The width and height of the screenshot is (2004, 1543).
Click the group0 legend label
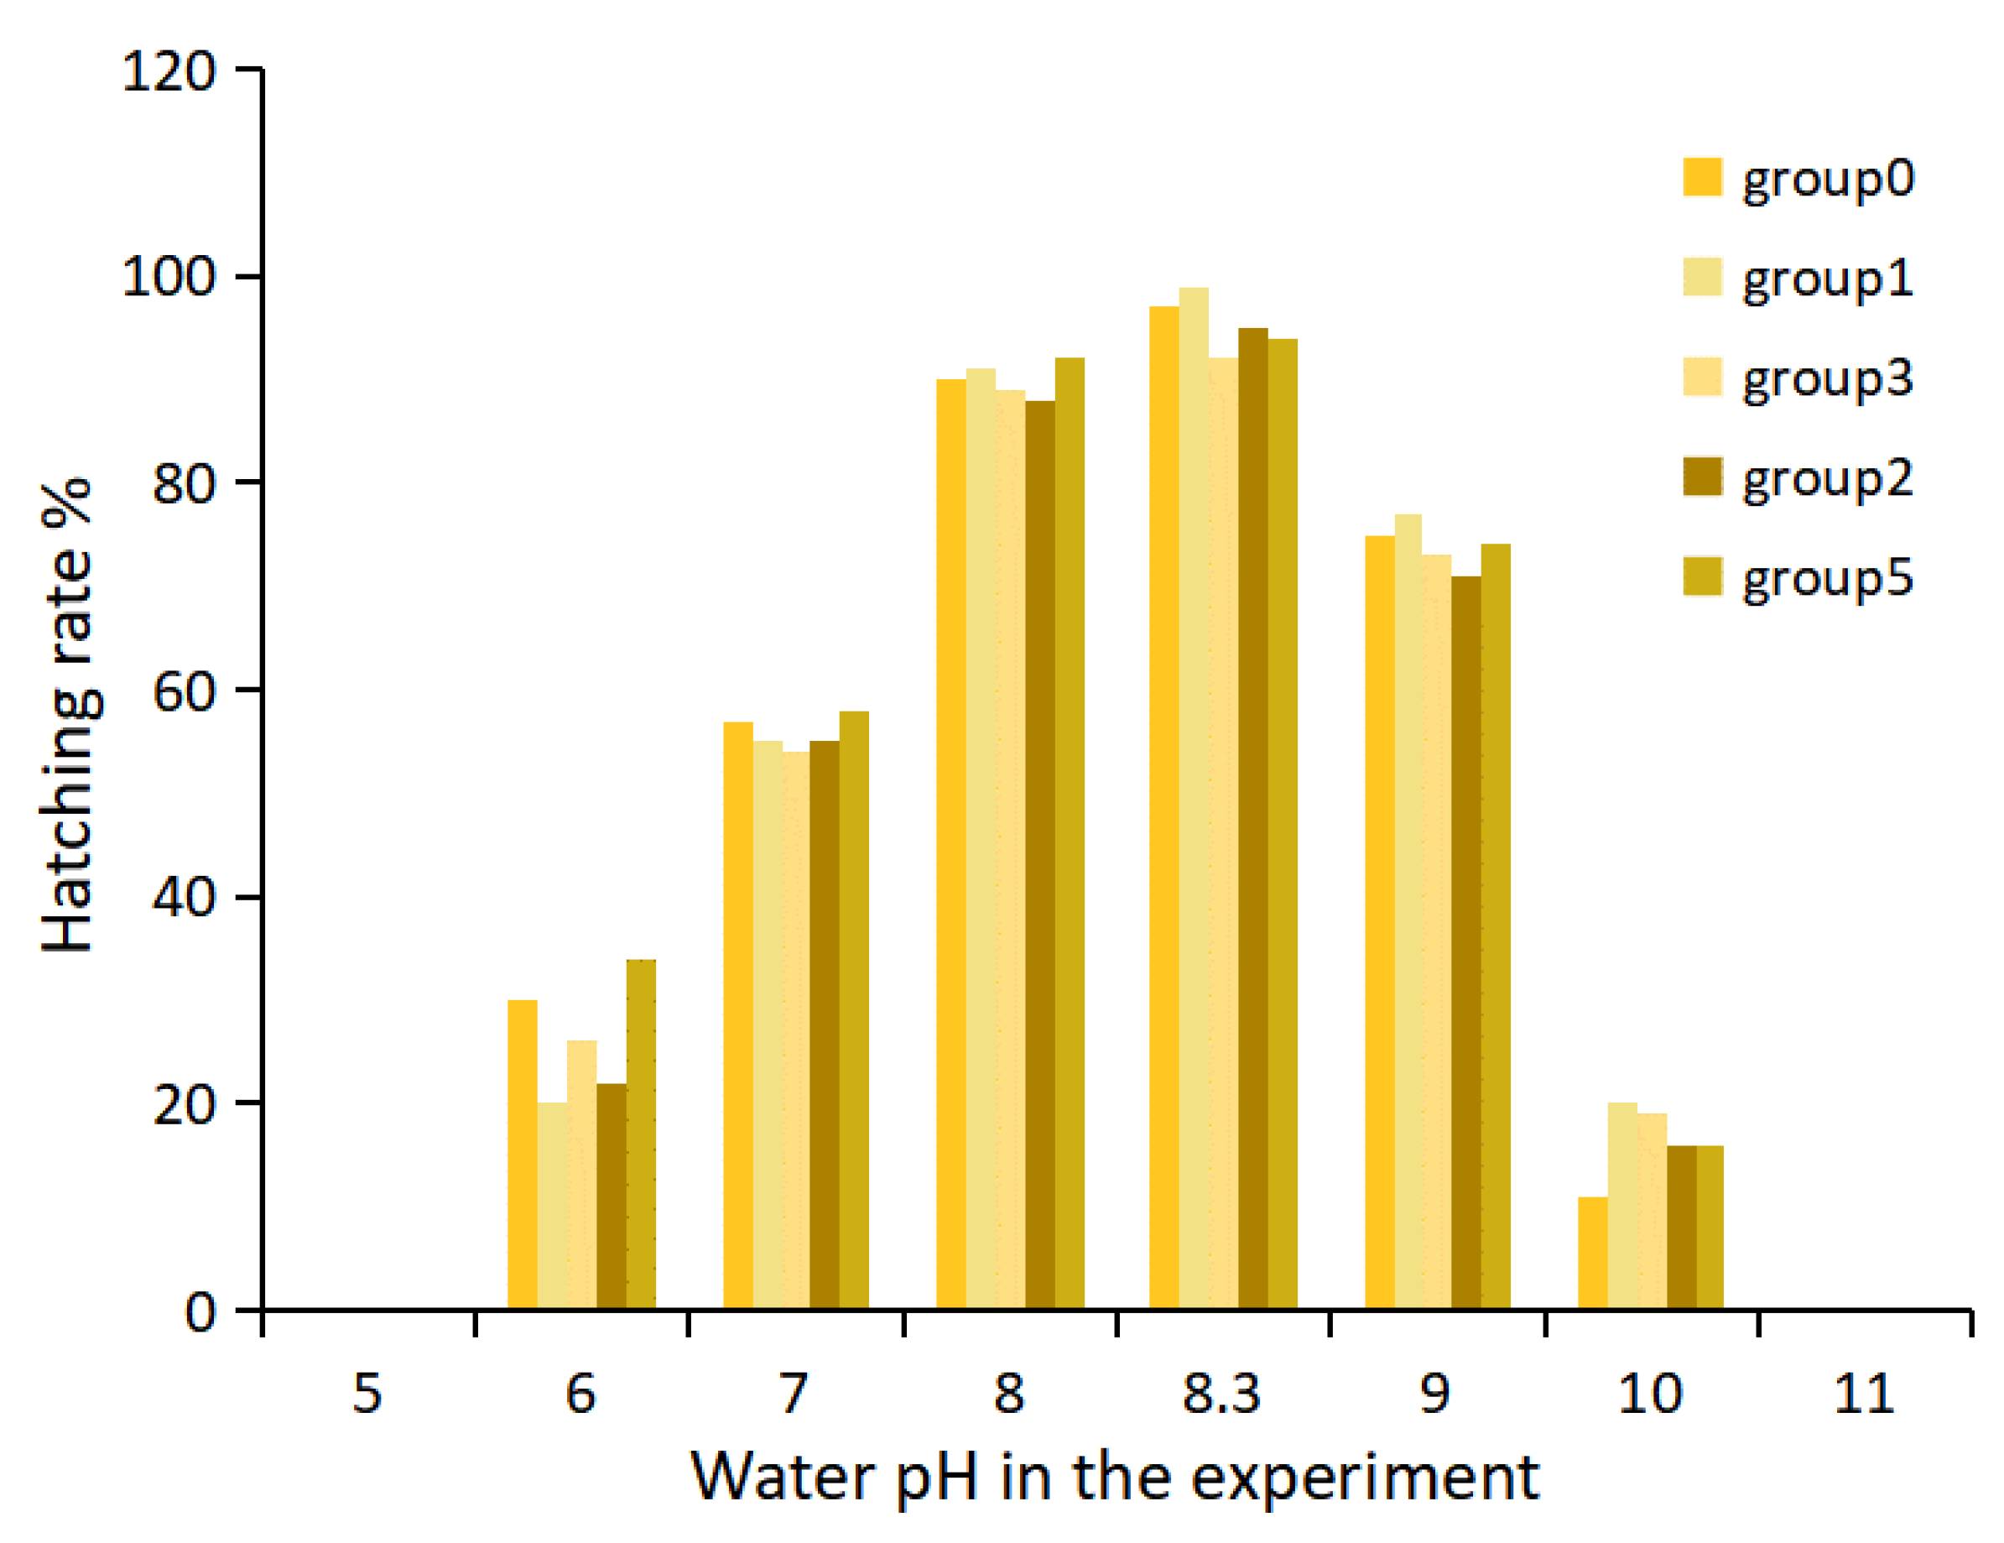1827,179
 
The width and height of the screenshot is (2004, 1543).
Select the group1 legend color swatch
1702,277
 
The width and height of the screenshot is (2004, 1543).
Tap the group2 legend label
1827,479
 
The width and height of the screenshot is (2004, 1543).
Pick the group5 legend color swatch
1702,577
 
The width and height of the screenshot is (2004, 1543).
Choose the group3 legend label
1827,379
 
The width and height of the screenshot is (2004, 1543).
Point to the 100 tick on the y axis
168,275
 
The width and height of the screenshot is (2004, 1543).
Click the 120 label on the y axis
168,70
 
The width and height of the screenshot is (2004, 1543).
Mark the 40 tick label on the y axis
183,896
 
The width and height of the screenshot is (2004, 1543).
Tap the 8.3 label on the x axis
1221,1394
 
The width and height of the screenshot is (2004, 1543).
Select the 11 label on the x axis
1864,1394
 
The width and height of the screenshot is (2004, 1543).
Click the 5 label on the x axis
367,1394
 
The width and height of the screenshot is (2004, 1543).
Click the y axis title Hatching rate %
68,716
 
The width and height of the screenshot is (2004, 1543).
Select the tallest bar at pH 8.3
1194,799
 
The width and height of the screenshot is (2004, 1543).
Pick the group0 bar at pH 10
1593,1254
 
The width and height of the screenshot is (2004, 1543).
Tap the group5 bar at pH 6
641,1134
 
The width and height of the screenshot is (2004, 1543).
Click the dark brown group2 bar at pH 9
1466,943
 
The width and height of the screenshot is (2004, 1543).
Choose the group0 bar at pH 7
737,1015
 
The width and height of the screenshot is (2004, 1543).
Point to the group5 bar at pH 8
1069,833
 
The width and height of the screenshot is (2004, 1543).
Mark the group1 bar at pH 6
551,1207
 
